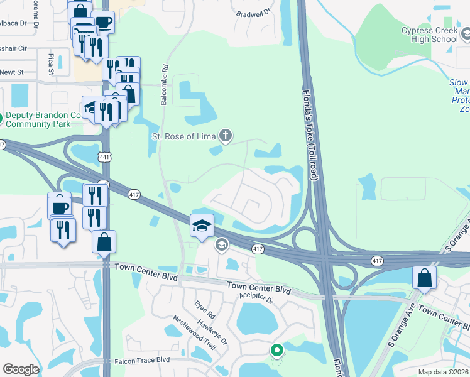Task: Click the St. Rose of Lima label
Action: [183, 136]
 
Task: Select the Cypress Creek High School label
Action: [430, 35]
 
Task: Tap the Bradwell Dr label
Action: [254, 13]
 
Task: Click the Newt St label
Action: [11, 72]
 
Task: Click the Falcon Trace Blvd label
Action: [143, 361]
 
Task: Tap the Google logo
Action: [21, 369]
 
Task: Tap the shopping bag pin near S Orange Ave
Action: [424, 278]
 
